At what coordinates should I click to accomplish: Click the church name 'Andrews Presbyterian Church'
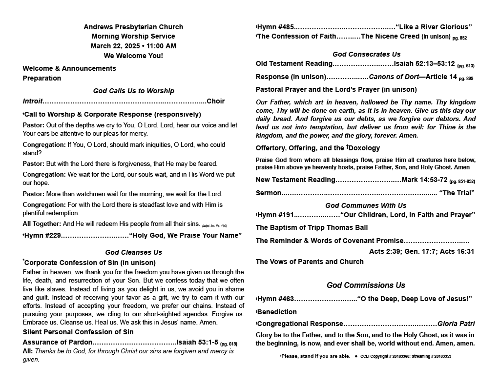[x=133, y=27]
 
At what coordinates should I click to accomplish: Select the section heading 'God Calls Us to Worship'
[x=133, y=91]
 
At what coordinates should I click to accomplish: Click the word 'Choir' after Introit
[x=215, y=102]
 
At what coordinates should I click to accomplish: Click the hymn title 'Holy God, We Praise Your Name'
[x=185, y=236]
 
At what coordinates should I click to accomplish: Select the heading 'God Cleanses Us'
[x=133, y=252]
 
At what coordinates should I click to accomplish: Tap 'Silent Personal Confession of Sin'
[x=78, y=332]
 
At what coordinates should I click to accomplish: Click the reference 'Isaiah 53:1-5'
[x=197, y=342]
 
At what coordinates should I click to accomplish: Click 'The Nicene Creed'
[x=390, y=37]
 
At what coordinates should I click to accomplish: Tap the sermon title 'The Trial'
[x=457, y=193]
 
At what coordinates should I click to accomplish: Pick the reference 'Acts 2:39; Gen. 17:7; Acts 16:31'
[x=421, y=251]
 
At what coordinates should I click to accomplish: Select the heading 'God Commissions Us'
[x=366, y=285]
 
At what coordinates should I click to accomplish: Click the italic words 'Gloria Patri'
[x=456, y=324]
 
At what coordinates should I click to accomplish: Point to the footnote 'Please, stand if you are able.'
[x=316, y=356]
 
